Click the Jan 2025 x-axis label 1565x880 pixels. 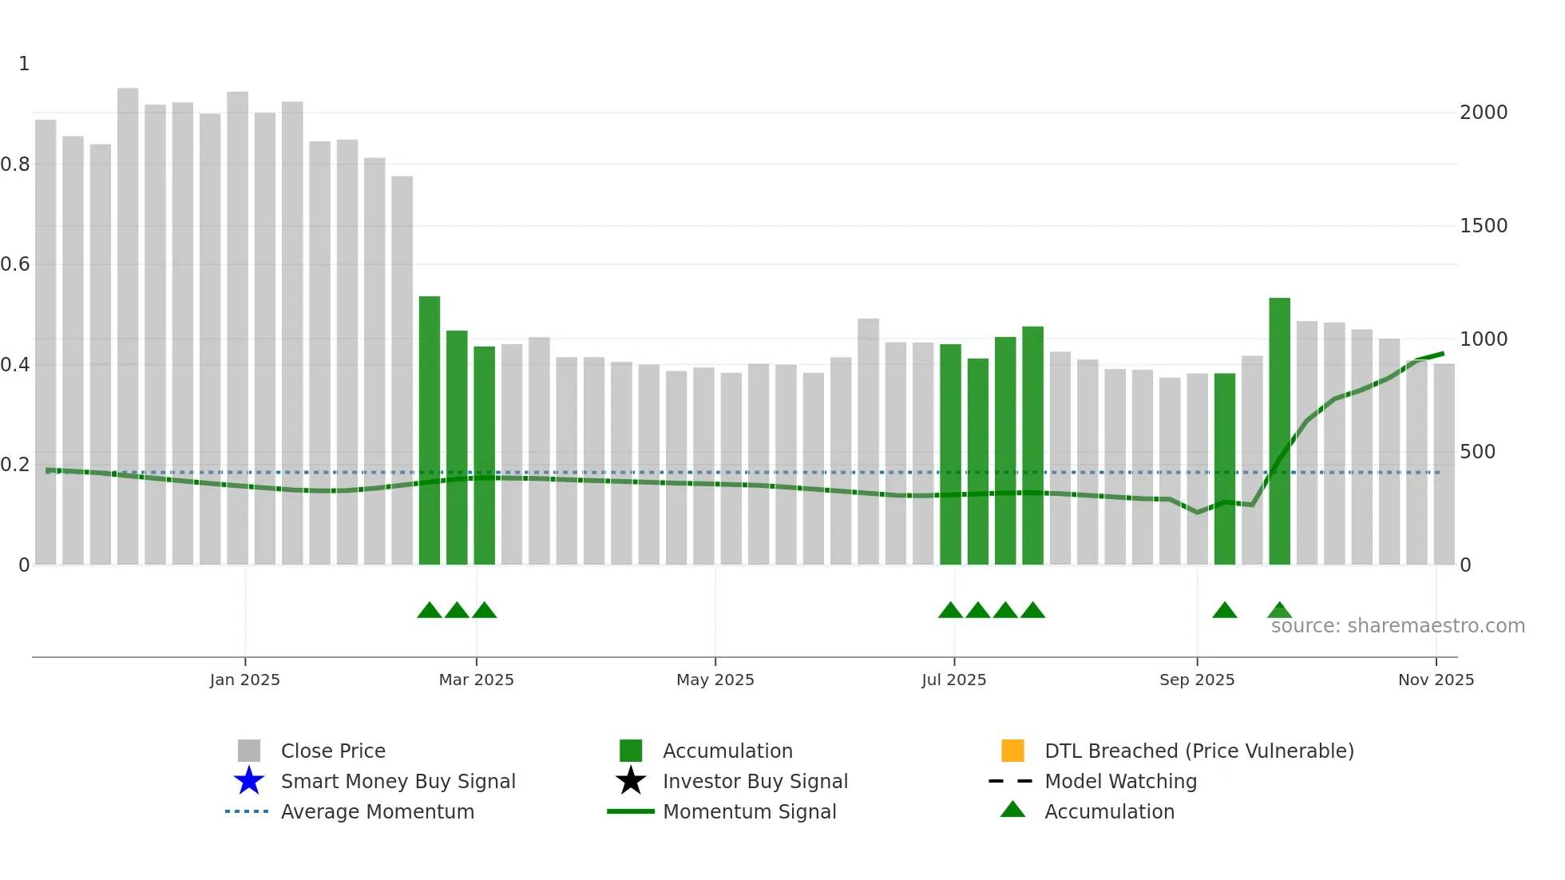click(x=244, y=680)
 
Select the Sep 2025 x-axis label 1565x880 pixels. click(x=1196, y=680)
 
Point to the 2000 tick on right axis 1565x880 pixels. click(x=1483, y=113)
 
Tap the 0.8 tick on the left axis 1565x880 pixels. click(x=15, y=165)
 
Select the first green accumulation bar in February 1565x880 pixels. click(x=430, y=431)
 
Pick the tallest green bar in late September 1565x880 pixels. click(x=1279, y=431)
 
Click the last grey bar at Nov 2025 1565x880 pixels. click(x=1444, y=463)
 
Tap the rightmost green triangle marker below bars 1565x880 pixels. click(x=1279, y=611)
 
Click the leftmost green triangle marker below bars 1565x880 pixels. click(x=430, y=611)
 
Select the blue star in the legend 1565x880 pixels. click(x=249, y=781)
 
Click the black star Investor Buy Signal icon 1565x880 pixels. click(x=631, y=781)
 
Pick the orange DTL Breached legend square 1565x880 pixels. click(x=1012, y=751)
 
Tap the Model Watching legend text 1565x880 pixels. click(x=1120, y=781)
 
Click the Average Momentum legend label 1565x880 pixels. click(x=377, y=811)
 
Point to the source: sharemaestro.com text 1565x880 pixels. click(x=1397, y=626)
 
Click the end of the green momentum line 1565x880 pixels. click(x=1442, y=354)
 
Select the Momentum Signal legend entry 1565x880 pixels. click(x=749, y=811)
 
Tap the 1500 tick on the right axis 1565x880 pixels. click(x=1483, y=226)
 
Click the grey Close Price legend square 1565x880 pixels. click(x=249, y=751)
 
